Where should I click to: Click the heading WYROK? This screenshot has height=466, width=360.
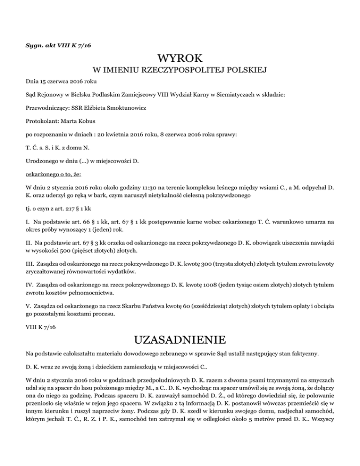click(180, 59)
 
